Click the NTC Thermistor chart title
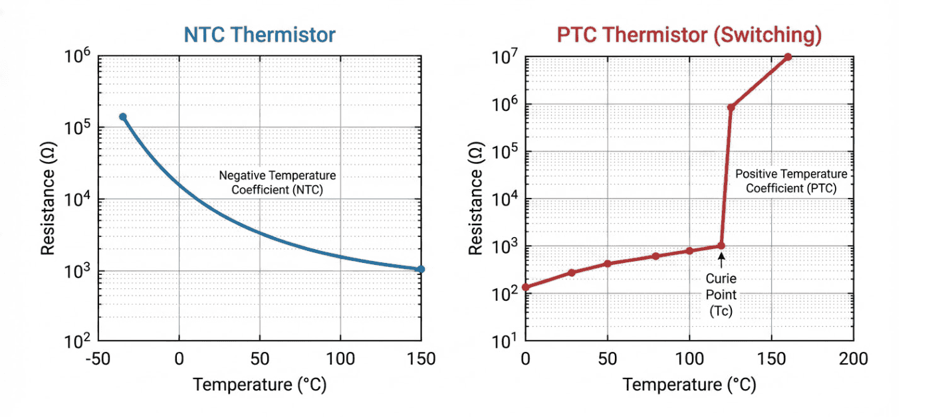[259, 35]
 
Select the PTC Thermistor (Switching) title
[689, 35]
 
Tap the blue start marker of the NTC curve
[122, 117]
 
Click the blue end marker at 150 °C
[421, 269]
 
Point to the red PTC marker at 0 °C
[526, 288]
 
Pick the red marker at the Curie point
[721, 246]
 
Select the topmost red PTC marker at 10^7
[788, 57]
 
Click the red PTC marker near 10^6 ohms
[731, 108]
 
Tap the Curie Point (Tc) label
[721, 294]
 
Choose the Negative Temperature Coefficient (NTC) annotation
[277, 182]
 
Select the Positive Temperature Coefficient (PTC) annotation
[791, 181]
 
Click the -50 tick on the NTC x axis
[98, 359]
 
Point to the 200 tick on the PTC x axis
[853, 359]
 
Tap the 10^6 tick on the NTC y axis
[77, 57]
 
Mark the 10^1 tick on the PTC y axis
[506, 341]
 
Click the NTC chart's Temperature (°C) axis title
[259, 385]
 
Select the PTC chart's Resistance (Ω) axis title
[475, 199]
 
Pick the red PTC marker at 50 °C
[607, 264]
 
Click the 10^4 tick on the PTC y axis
[506, 199]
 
